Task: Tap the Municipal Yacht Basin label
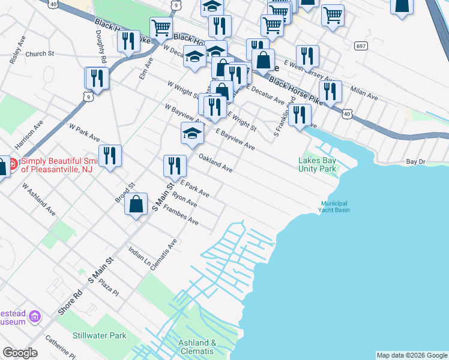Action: (334, 207)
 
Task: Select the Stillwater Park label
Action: (100, 335)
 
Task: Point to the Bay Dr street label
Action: (415, 162)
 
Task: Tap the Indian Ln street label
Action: (139, 256)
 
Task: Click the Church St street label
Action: (40, 53)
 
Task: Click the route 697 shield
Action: (361, 46)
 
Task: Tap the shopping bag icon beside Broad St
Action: (136, 203)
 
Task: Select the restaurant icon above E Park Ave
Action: (175, 165)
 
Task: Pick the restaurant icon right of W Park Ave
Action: (110, 155)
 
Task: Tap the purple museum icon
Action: (35, 316)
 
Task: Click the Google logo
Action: (20, 353)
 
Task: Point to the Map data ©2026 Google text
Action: (411, 355)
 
